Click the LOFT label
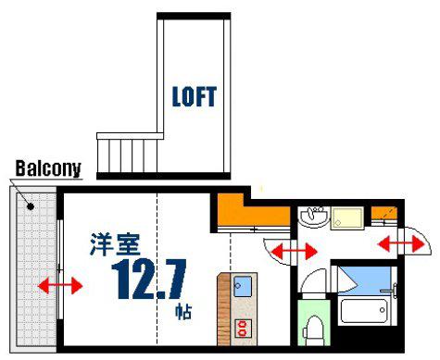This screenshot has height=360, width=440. [195, 96]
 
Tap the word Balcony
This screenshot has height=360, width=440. [48, 168]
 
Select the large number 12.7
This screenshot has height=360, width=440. [149, 279]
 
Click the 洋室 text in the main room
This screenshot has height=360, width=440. [115, 244]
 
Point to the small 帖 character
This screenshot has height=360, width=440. [183, 312]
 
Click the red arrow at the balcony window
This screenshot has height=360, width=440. [60, 286]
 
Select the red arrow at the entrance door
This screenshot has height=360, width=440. [401, 244]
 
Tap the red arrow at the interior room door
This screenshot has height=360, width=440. [295, 251]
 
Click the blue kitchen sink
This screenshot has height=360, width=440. [243, 286]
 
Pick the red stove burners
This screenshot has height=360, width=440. [243, 329]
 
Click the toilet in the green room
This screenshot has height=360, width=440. [313, 330]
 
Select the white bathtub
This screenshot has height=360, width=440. [365, 310]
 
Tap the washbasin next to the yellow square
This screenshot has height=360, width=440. [314, 217]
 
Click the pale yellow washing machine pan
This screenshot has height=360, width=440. [347, 218]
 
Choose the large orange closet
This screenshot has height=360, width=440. [253, 211]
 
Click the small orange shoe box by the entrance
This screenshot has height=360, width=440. [383, 213]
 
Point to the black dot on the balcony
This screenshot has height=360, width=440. [31, 206]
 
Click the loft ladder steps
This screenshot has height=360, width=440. [127, 156]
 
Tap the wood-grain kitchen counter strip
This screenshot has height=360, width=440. [223, 309]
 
